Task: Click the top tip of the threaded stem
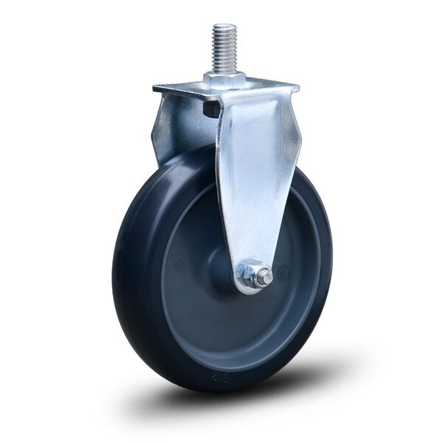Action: [x=223, y=27]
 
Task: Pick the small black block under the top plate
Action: [x=210, y=110]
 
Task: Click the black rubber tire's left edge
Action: [x=118, y=266]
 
